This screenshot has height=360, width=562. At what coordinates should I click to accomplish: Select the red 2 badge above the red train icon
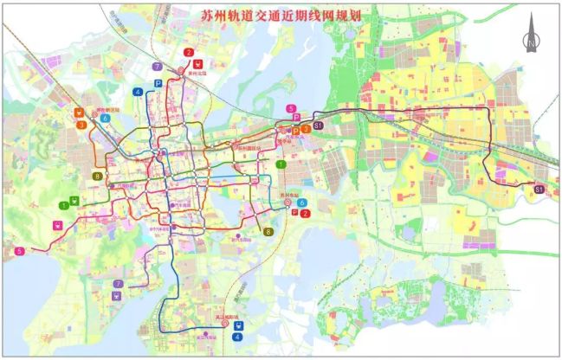188,52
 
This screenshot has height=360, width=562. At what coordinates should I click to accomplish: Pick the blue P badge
158,83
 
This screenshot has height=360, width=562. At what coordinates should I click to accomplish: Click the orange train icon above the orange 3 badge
80,112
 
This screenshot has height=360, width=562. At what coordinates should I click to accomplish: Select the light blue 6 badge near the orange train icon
104,119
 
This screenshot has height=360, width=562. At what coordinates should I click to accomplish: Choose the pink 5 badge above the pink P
291,108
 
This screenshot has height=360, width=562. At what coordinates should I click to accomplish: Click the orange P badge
295,130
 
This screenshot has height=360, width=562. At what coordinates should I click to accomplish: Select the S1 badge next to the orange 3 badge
319,126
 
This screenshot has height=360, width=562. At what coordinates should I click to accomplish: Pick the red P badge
295,212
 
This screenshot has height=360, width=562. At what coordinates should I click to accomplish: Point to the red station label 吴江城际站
224,317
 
